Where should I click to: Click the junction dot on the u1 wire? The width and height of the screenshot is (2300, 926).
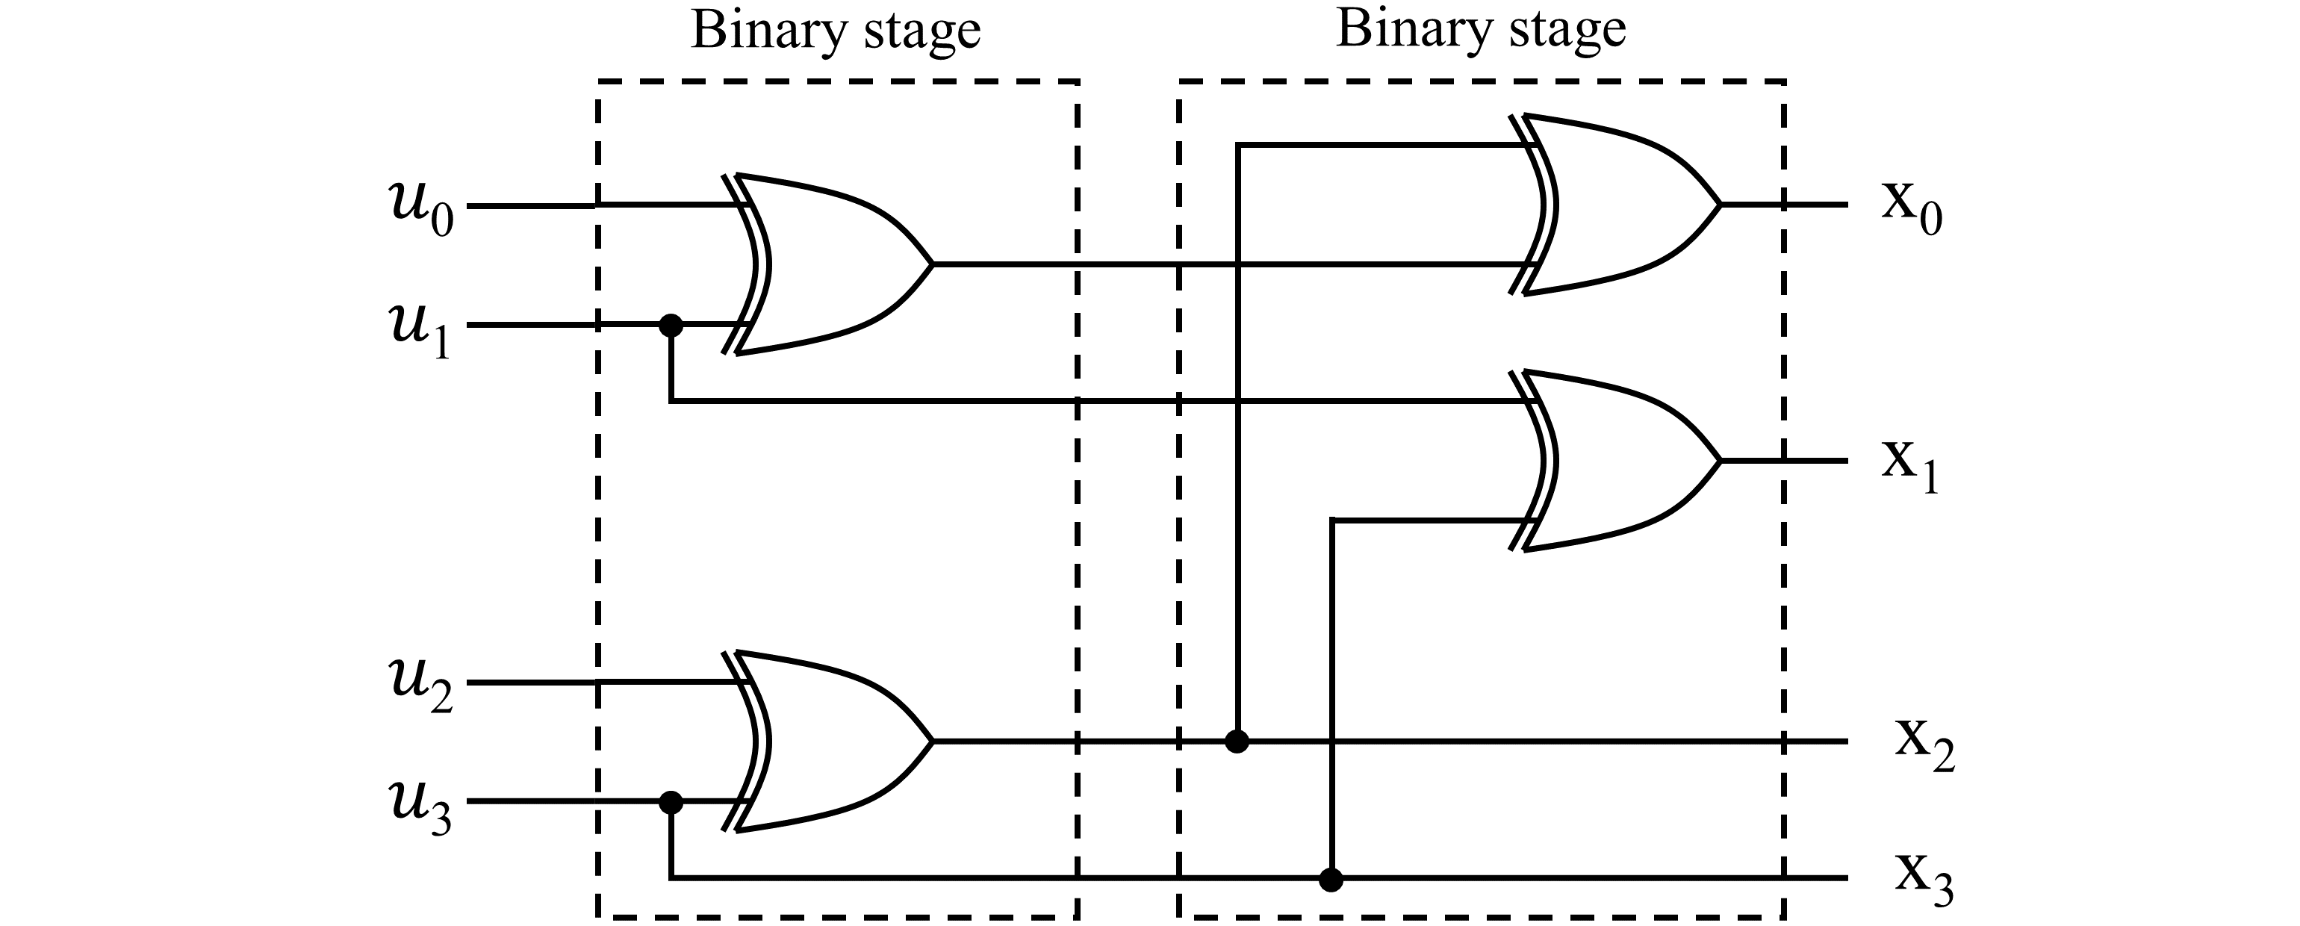tap(671, 325)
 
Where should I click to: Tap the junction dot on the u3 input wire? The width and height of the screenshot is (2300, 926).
tap(671, 802)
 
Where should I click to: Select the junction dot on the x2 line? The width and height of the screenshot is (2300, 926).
tap(1237, 741)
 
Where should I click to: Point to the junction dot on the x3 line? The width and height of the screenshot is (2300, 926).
tap(1331, 880)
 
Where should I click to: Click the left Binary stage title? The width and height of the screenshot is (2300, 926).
tap(836, 32)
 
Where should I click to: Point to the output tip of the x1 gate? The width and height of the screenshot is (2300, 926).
tap(1719, 461)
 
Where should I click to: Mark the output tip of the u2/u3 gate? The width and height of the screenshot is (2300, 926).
tap(931, 741)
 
